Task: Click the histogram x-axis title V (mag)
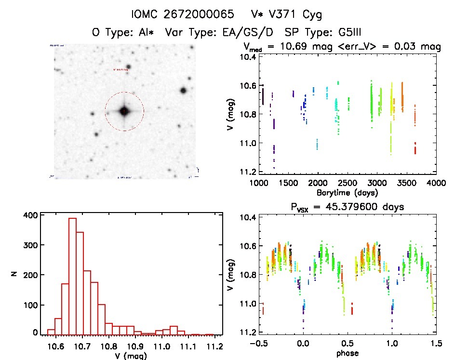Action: pos(129,356)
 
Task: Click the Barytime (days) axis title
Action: pos(347,193)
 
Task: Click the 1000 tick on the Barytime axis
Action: pos(259,184)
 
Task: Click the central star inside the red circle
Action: pos(124,111)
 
